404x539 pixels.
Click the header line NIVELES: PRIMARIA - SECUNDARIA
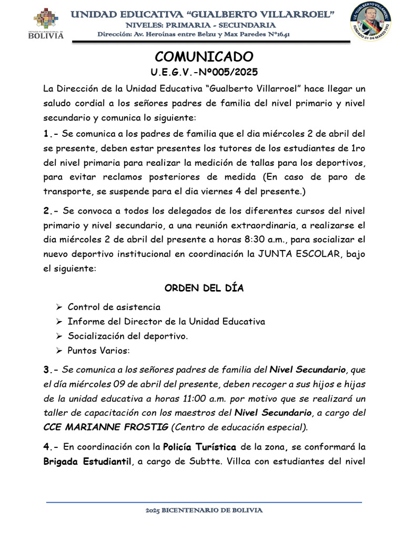click(x=203, y=25)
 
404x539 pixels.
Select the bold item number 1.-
click(x=50, y=133)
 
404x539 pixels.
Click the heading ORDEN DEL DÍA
click(x=204, y=288)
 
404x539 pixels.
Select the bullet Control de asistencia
click(x=114, y=307)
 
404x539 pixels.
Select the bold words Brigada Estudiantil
click(x=87, y=462)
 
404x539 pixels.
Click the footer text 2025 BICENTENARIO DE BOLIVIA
click(x=203, y=510)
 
